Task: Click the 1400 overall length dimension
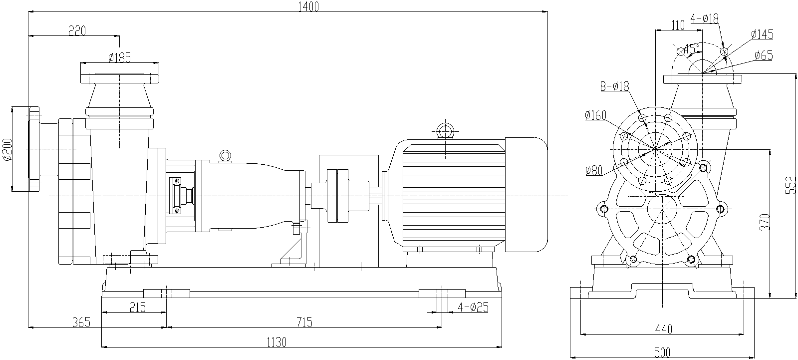click(307, 6)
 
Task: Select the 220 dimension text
click(77, 31)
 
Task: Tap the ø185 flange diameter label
click(119, 57)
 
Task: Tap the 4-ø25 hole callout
click(472, 307)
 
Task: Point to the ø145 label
click(762, 34)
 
